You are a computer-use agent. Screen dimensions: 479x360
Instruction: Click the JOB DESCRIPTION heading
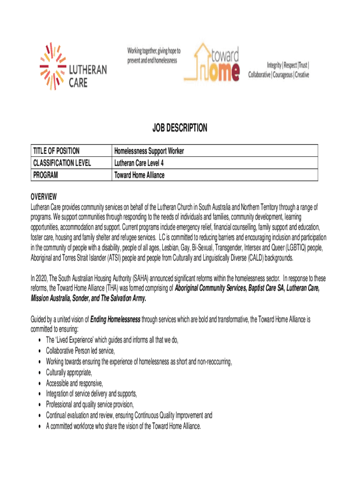pos(180,128)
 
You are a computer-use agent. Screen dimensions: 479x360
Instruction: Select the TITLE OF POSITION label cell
pos(56,151)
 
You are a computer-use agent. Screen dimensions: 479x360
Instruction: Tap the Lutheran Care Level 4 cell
pos(139,163)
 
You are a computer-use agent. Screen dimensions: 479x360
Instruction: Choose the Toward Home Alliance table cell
pos(139,175)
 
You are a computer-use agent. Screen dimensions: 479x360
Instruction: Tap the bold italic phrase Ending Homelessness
pos(115,319)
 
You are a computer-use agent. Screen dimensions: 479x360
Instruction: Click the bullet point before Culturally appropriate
pos(37,373)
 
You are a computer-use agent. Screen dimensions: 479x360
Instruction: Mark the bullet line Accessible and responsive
pos(74,384)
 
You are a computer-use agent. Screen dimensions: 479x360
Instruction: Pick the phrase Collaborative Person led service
pos(80,350)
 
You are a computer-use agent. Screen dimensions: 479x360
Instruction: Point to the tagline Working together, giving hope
pos(154,51)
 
